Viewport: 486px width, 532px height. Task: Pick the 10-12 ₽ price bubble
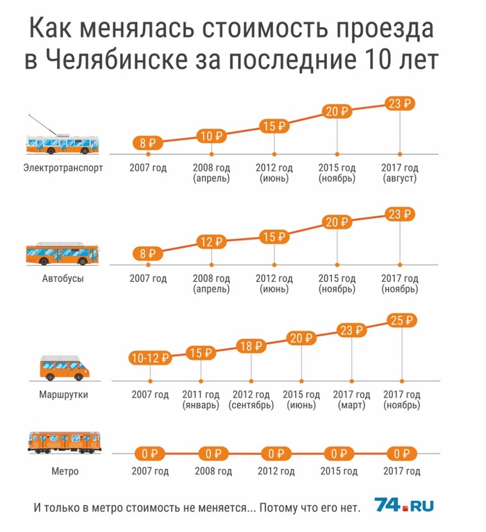pos(150,358)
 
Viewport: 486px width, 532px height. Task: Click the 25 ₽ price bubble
pos(401,321)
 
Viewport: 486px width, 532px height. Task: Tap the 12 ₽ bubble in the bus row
pos(211,242)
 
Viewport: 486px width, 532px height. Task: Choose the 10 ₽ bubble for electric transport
pos(211,135)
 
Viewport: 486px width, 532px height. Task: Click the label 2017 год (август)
pos(401,174)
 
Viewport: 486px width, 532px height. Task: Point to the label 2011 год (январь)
pos(201,400)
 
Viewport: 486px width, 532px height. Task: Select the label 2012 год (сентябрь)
pos(251,400)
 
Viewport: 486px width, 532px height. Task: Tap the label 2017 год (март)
pos(351,400)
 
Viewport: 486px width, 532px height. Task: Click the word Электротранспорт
pos(63,168)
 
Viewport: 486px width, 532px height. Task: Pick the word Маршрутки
pos(64,395)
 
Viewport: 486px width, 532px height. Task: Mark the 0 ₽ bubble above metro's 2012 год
pos(274,454)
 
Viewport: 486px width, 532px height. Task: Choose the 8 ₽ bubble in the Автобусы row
pos(148,254)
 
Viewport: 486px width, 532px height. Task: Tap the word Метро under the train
pos(64,472)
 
